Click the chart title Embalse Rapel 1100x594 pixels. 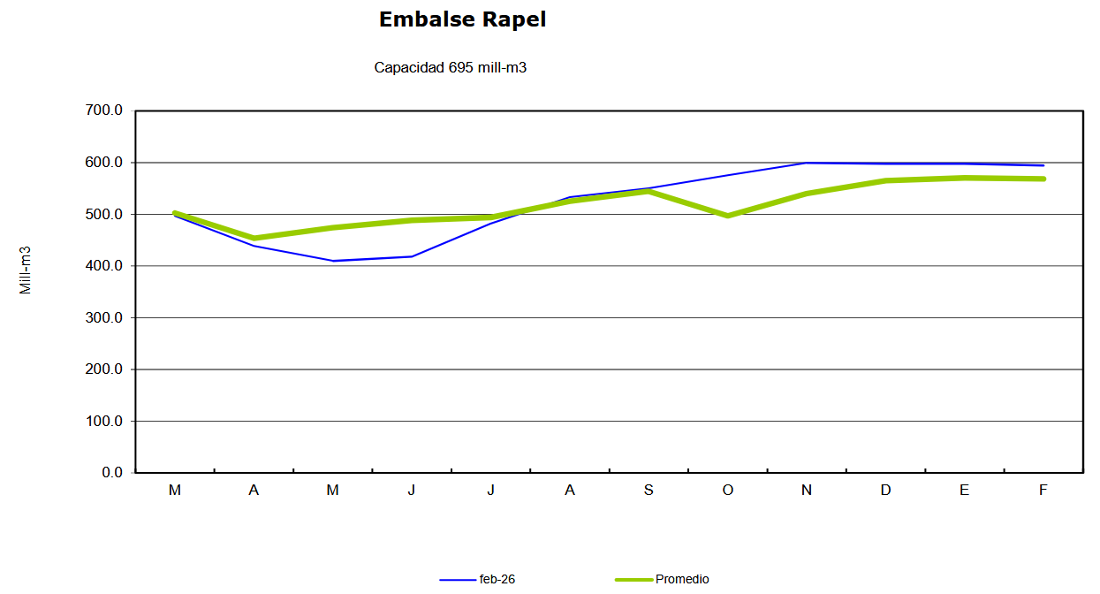click(462, 19)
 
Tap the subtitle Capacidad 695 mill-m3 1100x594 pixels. click(451, 67)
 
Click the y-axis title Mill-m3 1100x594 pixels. click(26, 270)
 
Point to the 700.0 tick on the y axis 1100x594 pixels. click(105, 111)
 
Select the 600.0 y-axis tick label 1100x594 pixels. click(105, 163)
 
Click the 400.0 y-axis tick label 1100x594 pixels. click(105, 266)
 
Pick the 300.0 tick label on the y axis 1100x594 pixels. click(105, 317)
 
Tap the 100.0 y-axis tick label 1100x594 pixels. click(105, 421)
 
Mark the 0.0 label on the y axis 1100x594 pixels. click(112, 472)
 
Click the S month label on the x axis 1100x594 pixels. click(649, 491)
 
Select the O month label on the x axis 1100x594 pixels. click(727, 491)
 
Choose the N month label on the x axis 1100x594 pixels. click(807, 491)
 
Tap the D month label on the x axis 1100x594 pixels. click(885, 491)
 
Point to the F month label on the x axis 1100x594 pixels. click(1043, 491)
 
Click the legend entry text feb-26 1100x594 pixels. click(497, 580)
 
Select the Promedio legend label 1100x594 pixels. click(682, 580)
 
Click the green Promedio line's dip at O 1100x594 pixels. click(727, 216)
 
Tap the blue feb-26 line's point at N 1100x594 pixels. click(807, 163)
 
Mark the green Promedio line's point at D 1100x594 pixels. click(885, 180)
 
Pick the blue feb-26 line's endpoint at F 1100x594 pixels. click(1043, 165)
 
